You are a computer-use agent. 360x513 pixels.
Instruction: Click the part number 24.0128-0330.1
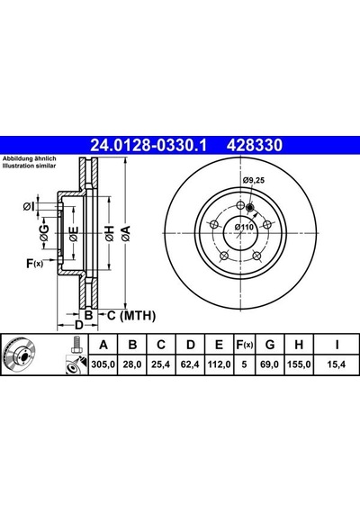[x=148, y=145]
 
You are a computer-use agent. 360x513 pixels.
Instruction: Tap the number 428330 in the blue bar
[x=255, y=145]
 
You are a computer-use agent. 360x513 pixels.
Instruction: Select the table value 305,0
[x=103, y=364]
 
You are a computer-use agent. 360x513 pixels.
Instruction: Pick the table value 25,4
[x=161, y=364]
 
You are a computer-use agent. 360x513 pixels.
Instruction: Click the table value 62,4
[x=190, y=364]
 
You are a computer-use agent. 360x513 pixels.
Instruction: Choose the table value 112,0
[x=219, y=364]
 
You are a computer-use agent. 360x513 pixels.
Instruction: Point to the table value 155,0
[x=299, y=364]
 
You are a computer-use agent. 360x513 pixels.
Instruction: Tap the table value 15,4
[x=337, y=364]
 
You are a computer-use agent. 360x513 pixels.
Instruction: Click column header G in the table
[x=270, y=345]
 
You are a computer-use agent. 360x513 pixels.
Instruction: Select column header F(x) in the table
[x=245, y=345]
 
